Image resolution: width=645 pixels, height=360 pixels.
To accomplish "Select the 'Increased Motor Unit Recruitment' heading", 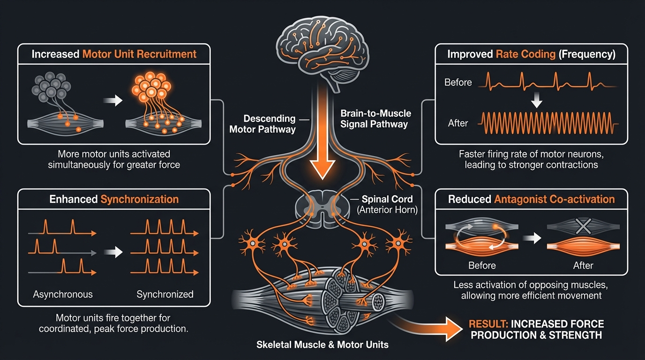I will click(x=114, y=54).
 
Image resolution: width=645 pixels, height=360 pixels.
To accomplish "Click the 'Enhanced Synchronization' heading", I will click(x=114, y=199).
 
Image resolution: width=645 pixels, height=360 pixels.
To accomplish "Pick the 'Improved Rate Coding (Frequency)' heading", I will click(x=531, y=54).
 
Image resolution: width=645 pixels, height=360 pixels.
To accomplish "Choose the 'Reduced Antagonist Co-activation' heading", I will click(x=531, y=199).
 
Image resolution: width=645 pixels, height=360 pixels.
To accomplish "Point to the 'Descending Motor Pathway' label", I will click(x=262, y=124).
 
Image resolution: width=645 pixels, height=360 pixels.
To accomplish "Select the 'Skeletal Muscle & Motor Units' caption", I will click(x=322, y=345).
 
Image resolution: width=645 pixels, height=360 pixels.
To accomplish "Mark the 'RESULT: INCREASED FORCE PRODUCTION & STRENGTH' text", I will click(x=537, y=330).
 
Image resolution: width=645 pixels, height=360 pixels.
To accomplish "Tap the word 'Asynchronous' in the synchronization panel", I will click(x=63, y=294).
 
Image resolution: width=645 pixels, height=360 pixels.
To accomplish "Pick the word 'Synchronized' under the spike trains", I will click(x=165, y=294).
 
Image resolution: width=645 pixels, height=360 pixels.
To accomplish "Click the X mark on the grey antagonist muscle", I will click(x=583, y=227).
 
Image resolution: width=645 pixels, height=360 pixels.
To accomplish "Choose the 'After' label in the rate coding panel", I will click(x=458, y=123).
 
